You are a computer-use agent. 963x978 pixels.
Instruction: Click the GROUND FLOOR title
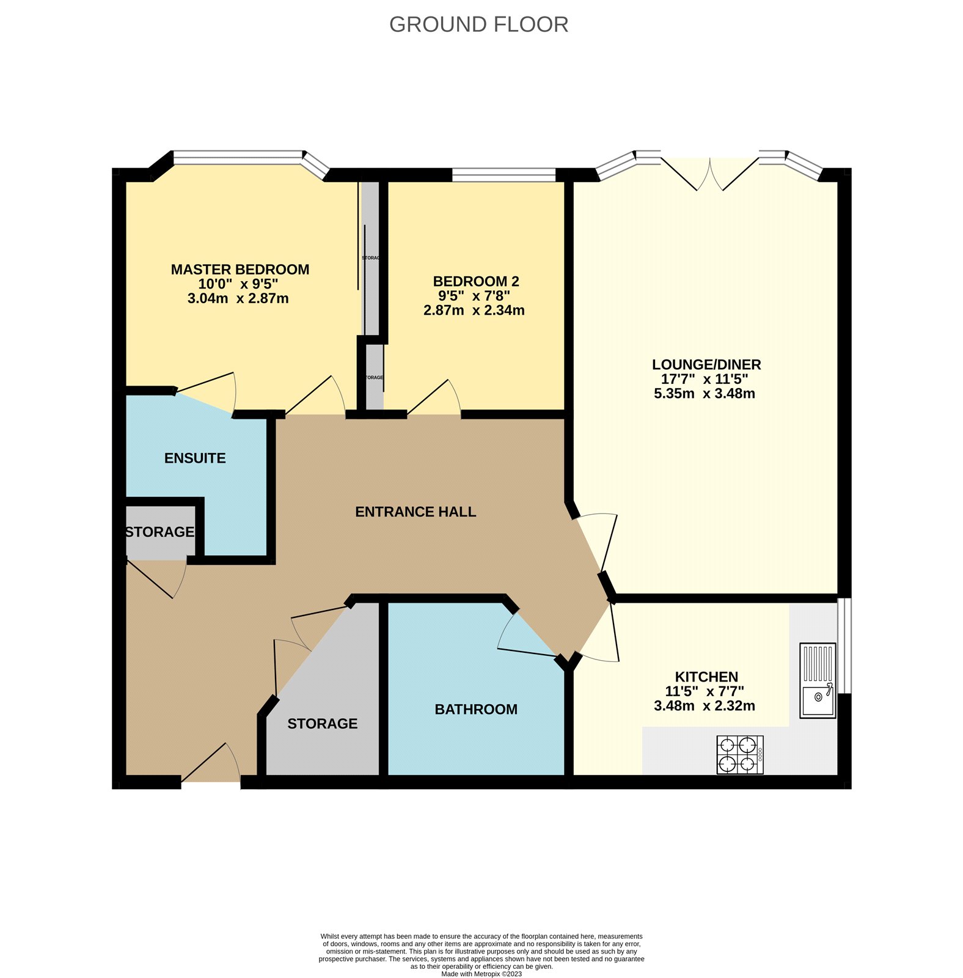[478, 24]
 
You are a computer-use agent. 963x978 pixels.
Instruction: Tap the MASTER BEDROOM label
[240, 270]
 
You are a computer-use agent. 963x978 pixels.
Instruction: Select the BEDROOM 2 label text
[475, 281]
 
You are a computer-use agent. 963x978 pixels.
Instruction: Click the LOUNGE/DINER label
[706, 364]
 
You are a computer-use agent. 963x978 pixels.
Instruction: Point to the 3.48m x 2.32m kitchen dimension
[704, 706]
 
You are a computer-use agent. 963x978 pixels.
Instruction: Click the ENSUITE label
[195, 458]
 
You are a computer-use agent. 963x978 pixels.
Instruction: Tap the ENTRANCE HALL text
[416, 512]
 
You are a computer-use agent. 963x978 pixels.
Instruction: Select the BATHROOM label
[475, 709]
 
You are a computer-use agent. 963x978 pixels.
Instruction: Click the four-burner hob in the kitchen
[740, 755]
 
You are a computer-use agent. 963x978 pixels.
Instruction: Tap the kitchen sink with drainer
[818, 680]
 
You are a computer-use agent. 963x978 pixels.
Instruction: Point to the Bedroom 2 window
[503, 175]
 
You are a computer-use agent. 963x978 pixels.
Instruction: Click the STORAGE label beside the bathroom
[322, 724]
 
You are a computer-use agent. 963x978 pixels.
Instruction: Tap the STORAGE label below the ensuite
[159, 532]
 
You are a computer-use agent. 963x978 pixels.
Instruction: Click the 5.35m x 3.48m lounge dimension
[704, 394]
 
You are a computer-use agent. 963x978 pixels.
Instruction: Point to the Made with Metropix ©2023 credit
[481, 974]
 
